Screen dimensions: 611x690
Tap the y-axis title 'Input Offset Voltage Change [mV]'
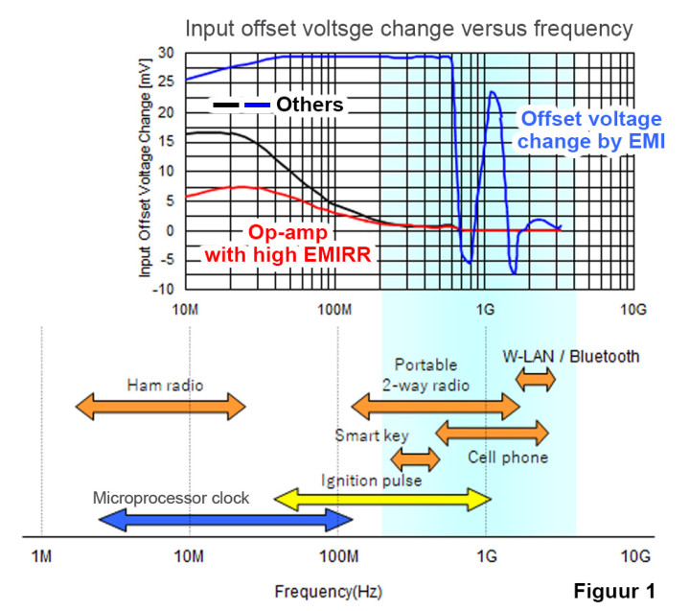coord(146,171)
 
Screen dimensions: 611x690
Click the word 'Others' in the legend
coord(310,105)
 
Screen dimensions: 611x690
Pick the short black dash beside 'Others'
coord(227,105)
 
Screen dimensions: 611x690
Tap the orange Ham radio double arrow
coord(161,406)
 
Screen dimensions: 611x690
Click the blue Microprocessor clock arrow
coord(226,520)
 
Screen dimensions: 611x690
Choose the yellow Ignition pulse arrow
coord(382,499)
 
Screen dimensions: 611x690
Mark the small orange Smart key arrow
coord(415,458)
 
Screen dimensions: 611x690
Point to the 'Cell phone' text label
coord(508,458)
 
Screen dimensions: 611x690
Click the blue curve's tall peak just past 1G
coord(492,92)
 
